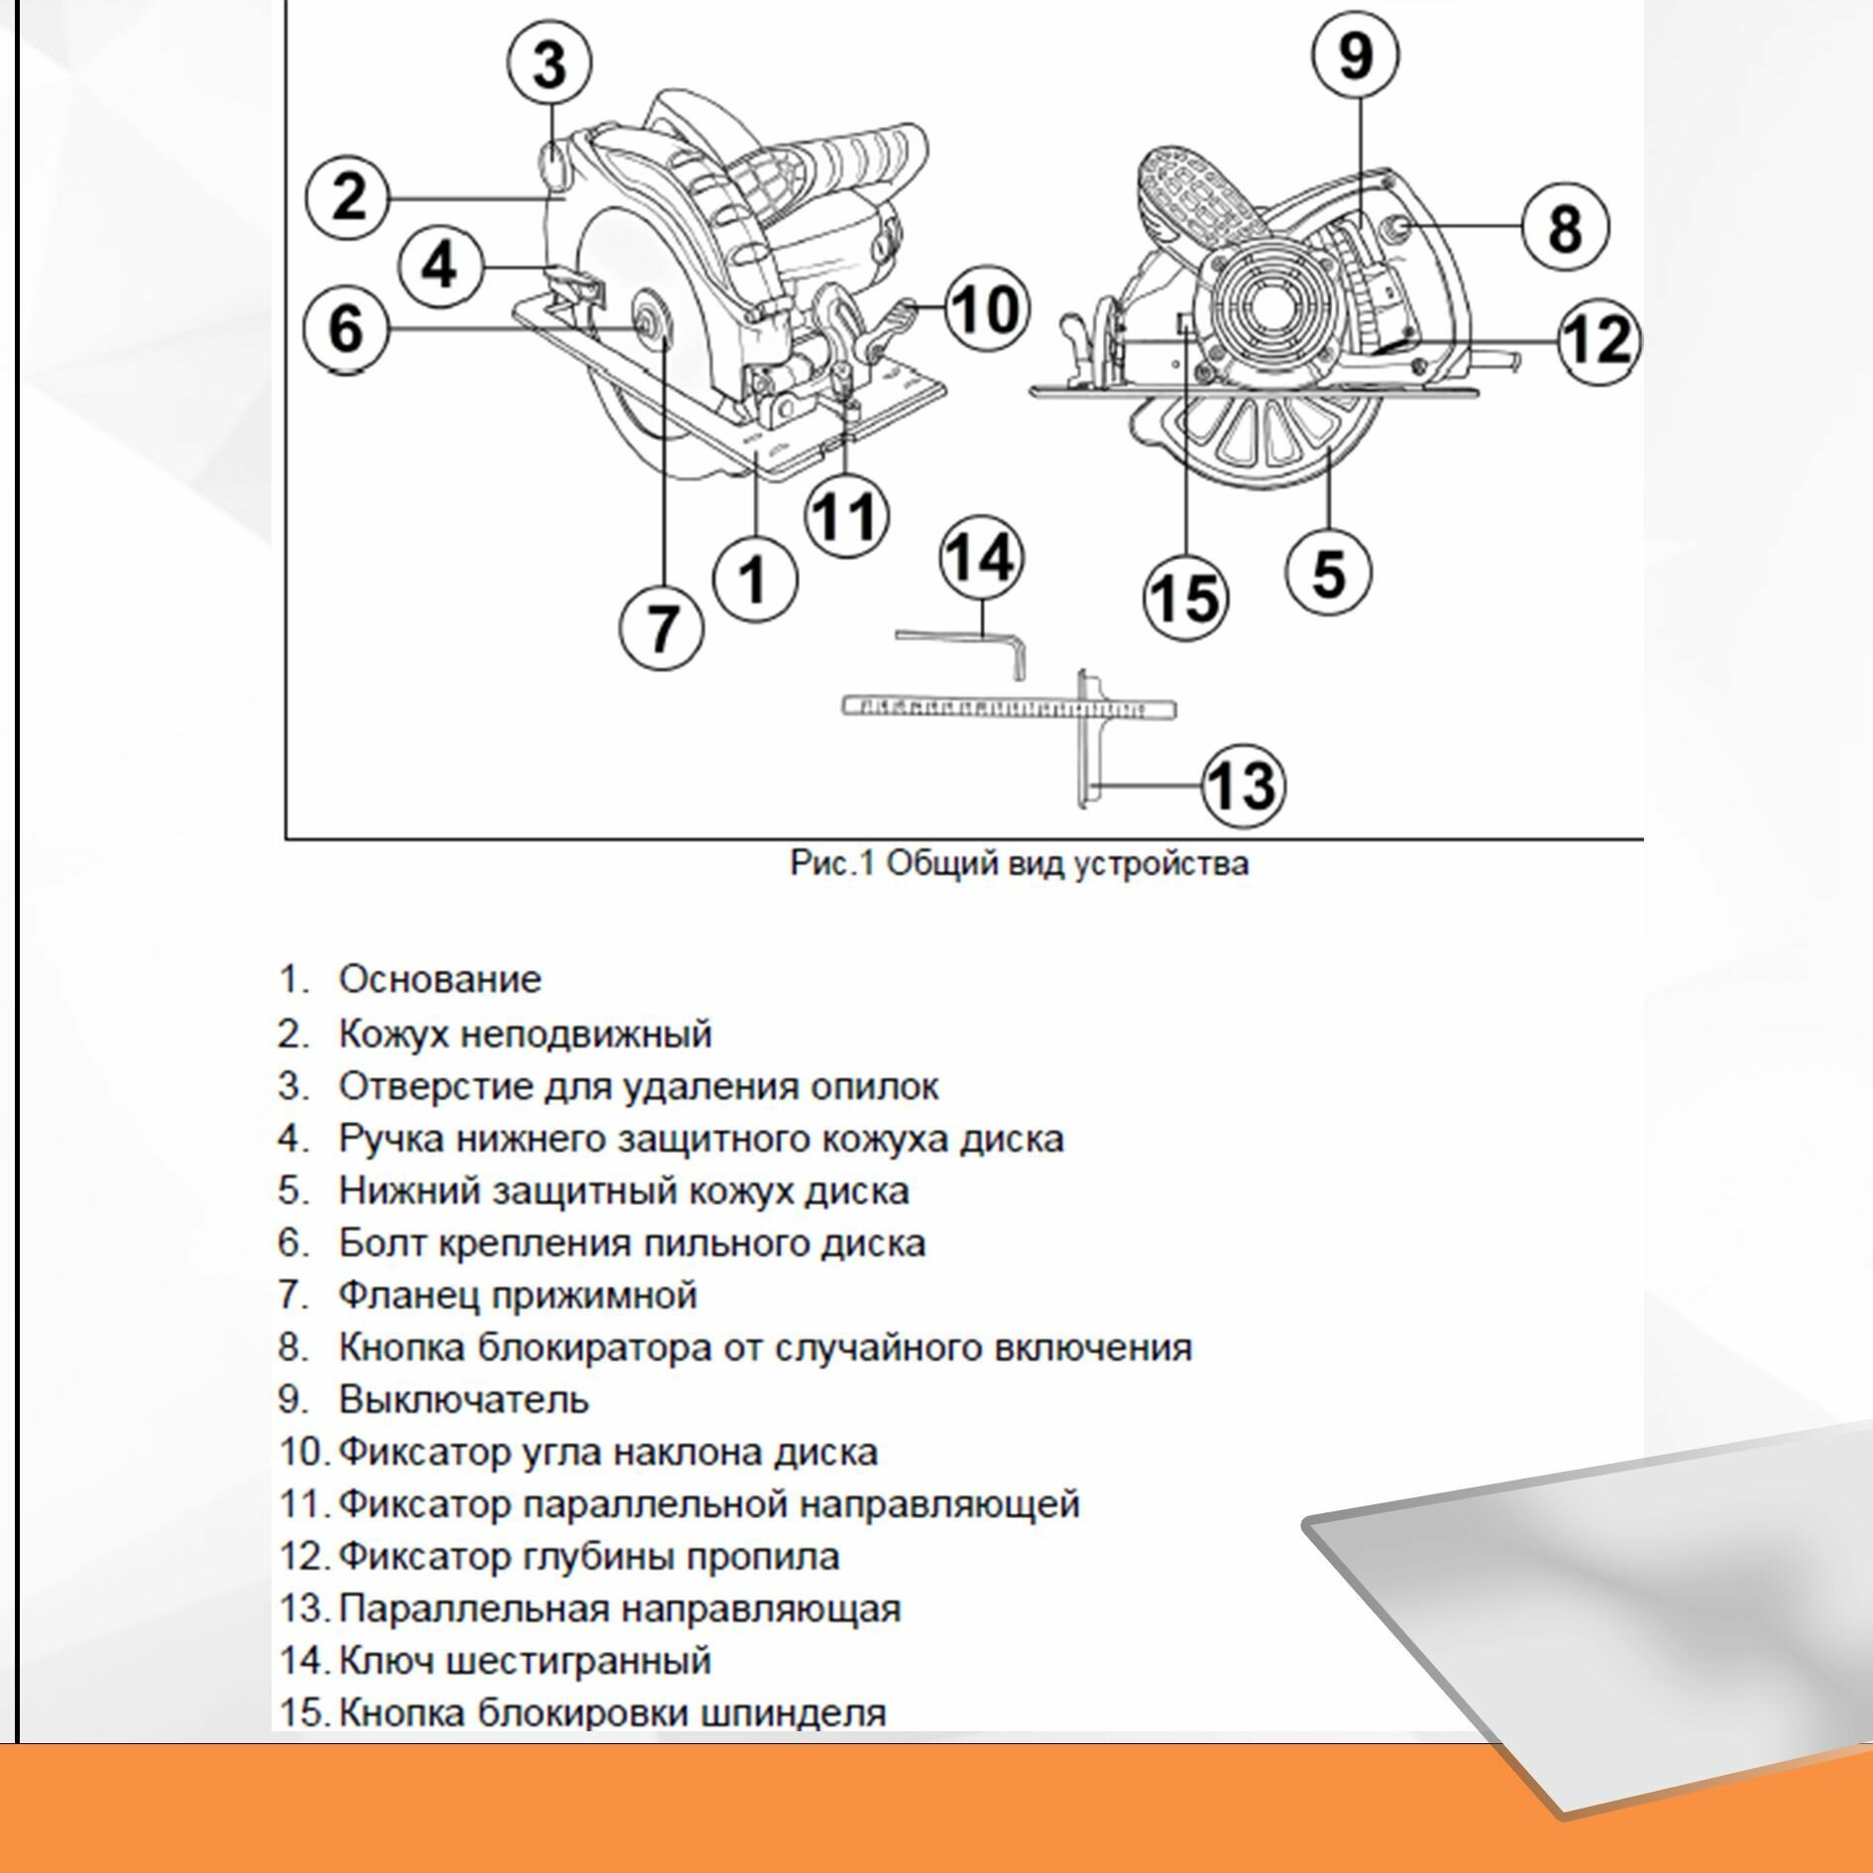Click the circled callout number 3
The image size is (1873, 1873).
(549, 62)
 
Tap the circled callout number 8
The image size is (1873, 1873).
(1564, 228)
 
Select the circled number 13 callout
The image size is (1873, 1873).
(1243, 785)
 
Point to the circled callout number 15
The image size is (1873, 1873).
(1185, 599)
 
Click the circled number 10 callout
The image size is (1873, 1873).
(985, 308)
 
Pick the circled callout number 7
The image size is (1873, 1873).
(661, 627)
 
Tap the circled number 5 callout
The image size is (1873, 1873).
(1328, 574)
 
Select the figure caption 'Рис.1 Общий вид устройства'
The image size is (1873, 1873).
(1019, 863)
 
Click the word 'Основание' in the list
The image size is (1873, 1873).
(440, 979)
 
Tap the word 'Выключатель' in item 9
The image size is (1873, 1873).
(464, 1399)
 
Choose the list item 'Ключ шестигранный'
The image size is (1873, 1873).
(525, 1660)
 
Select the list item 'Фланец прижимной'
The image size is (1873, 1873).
(517, 1294)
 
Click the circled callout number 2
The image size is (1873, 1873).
(348, 197)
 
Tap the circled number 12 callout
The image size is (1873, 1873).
(1598, 340)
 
